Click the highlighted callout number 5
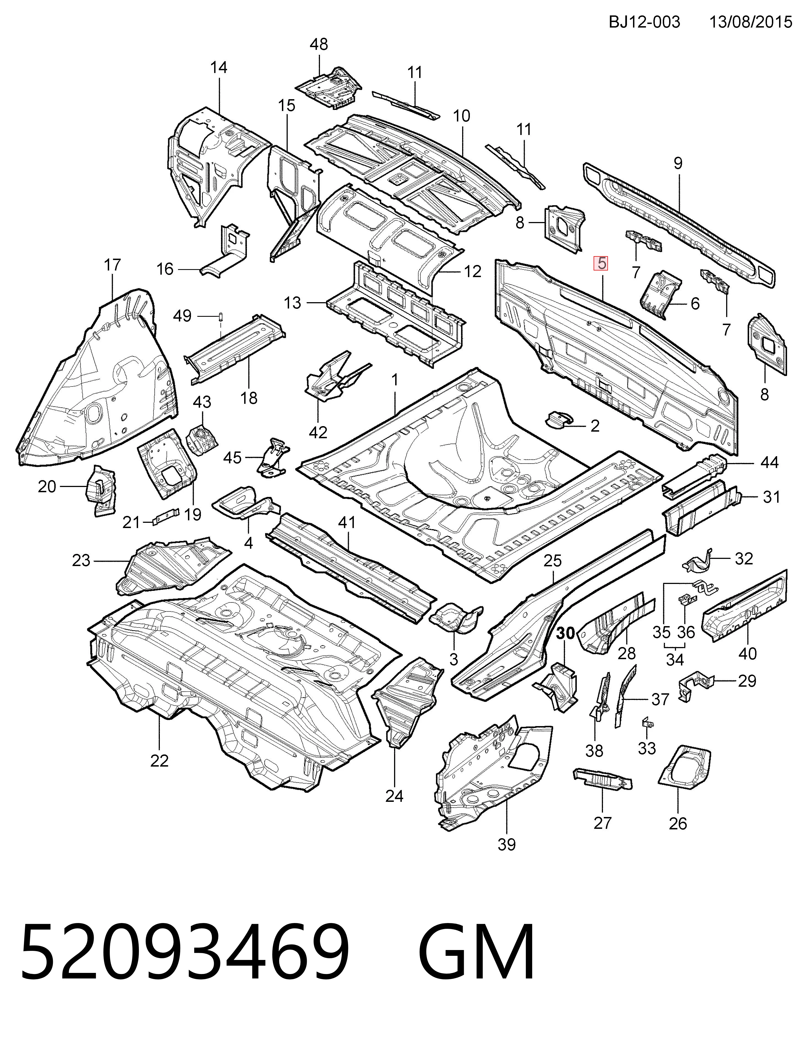click(602, 263)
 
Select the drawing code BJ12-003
click(644, 22)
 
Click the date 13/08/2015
click(750, 22)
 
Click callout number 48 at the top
click(319, 45)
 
